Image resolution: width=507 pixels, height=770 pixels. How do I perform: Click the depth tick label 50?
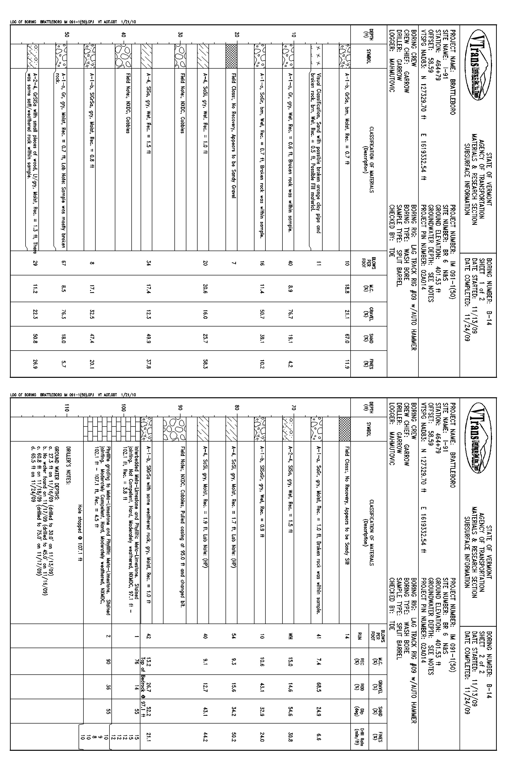click(67, 35)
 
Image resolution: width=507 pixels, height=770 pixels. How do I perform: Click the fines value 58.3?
click(205, 365)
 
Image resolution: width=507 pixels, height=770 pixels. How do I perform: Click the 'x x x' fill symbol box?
click(316, 56)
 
